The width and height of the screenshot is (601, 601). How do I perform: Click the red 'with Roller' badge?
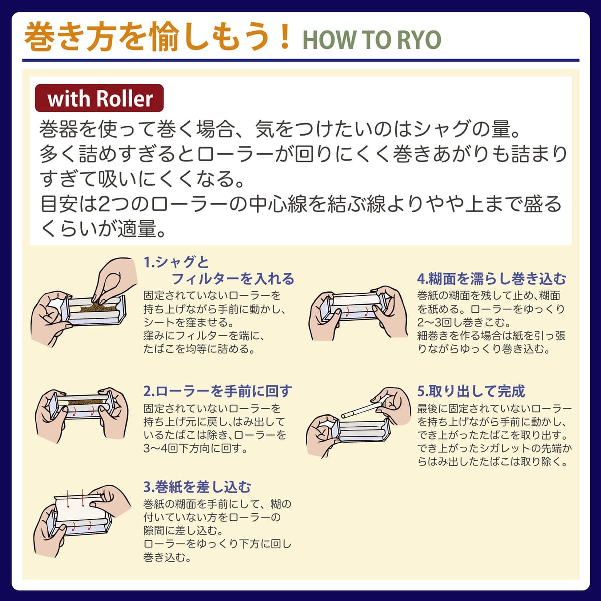[x=99, y=98]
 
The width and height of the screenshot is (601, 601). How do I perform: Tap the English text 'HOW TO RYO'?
[x=372, y=40]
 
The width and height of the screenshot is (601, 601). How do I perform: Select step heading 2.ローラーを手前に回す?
[x=218, y=391]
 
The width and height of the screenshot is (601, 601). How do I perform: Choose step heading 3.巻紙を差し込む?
[x=197, y=487]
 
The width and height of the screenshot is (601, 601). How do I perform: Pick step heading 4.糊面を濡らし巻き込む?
[x=492, y=279]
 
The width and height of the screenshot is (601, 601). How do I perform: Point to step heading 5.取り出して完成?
[x=471, y=391]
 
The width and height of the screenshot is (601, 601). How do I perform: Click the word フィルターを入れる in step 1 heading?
[x=233, y=279]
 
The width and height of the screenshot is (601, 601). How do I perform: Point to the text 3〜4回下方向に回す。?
[x=196, y=448]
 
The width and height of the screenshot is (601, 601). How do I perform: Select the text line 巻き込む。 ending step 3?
[x=167, y=557]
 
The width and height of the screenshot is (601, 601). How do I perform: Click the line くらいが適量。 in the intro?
[x=103, y=228]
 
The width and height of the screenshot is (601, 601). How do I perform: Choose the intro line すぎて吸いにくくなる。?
[x=142, y=178]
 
